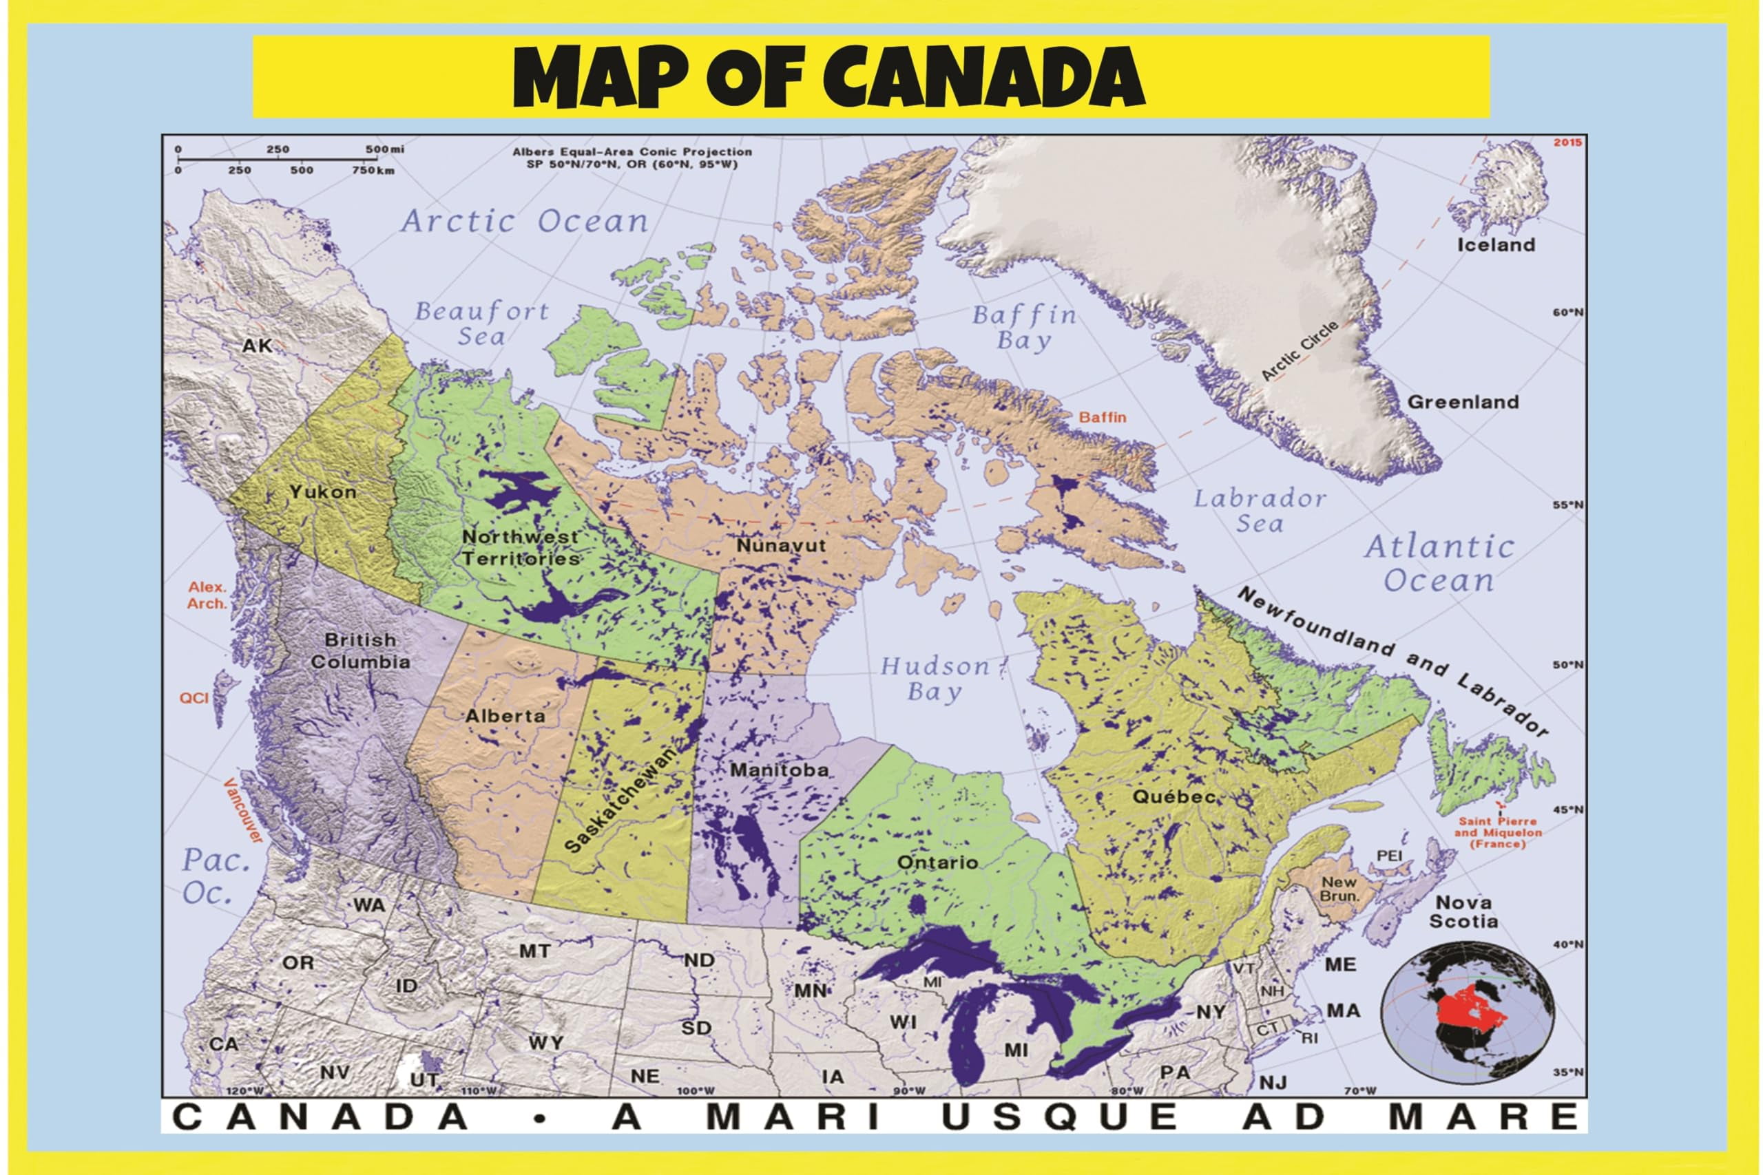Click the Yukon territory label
click(323, 492)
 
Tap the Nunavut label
click(780, 546)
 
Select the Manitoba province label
click(779, 770)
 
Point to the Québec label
click(1173, 796)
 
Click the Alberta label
click(505, 716)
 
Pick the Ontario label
click(937, 862)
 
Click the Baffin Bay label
click(1024, 328)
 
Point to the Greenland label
click(1463, 402)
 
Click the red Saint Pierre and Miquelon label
click(1498, 832)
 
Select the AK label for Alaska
click(256, 346)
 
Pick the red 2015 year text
click(1567, 142)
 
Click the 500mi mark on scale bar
click(384, 149)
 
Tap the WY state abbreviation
click(545, 1043)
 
